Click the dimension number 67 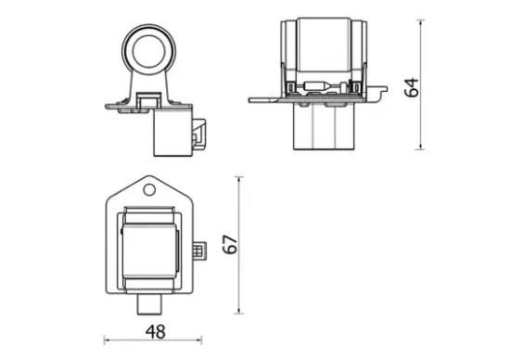click(x=233, y=244)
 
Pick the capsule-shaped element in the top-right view click(x=316, y=88)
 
